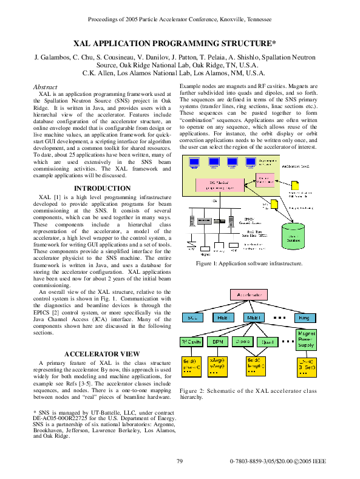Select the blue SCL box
[192, 318]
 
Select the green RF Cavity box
[191, 341]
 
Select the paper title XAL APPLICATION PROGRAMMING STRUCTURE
[175, 44]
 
